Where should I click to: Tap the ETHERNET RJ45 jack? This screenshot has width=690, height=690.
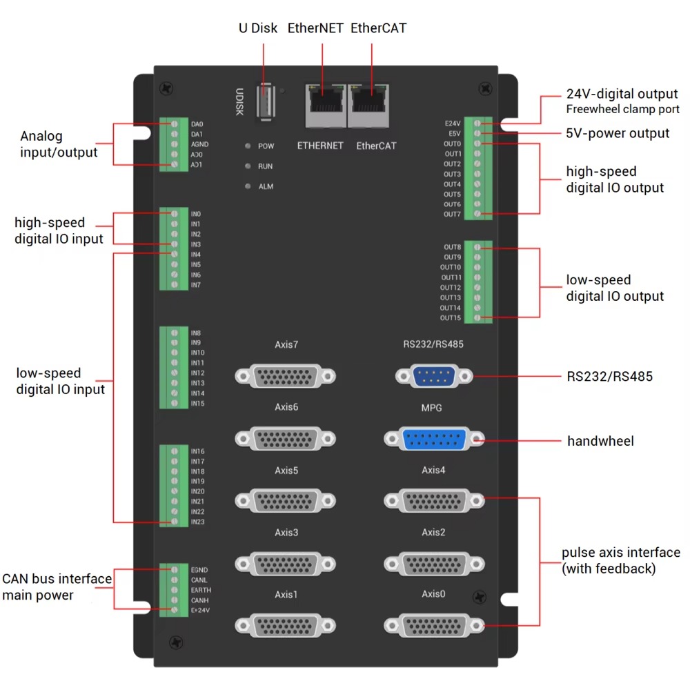click(326, 105)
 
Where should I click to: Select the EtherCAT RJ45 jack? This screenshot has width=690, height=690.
click(371, 105)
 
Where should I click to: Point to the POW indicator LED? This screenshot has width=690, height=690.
click(247, 146)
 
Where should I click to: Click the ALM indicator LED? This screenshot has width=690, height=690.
click(247, 186)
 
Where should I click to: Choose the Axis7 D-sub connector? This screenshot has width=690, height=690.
click(286, 376)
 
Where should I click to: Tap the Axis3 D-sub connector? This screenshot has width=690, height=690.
click(286, 564)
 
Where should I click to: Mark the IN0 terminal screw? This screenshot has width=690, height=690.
click(175, 214)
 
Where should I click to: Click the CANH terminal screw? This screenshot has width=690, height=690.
click(175, 600)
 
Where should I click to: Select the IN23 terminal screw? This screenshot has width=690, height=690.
click(175, 522)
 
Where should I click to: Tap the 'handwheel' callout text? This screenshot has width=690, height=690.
click(600, 441)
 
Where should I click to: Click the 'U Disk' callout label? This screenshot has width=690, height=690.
click(258, 28)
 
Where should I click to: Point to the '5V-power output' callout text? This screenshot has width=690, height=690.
click(618, 133)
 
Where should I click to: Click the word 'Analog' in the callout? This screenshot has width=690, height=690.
click(41, 137)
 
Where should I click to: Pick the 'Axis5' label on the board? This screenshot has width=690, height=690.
click(286, 471)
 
